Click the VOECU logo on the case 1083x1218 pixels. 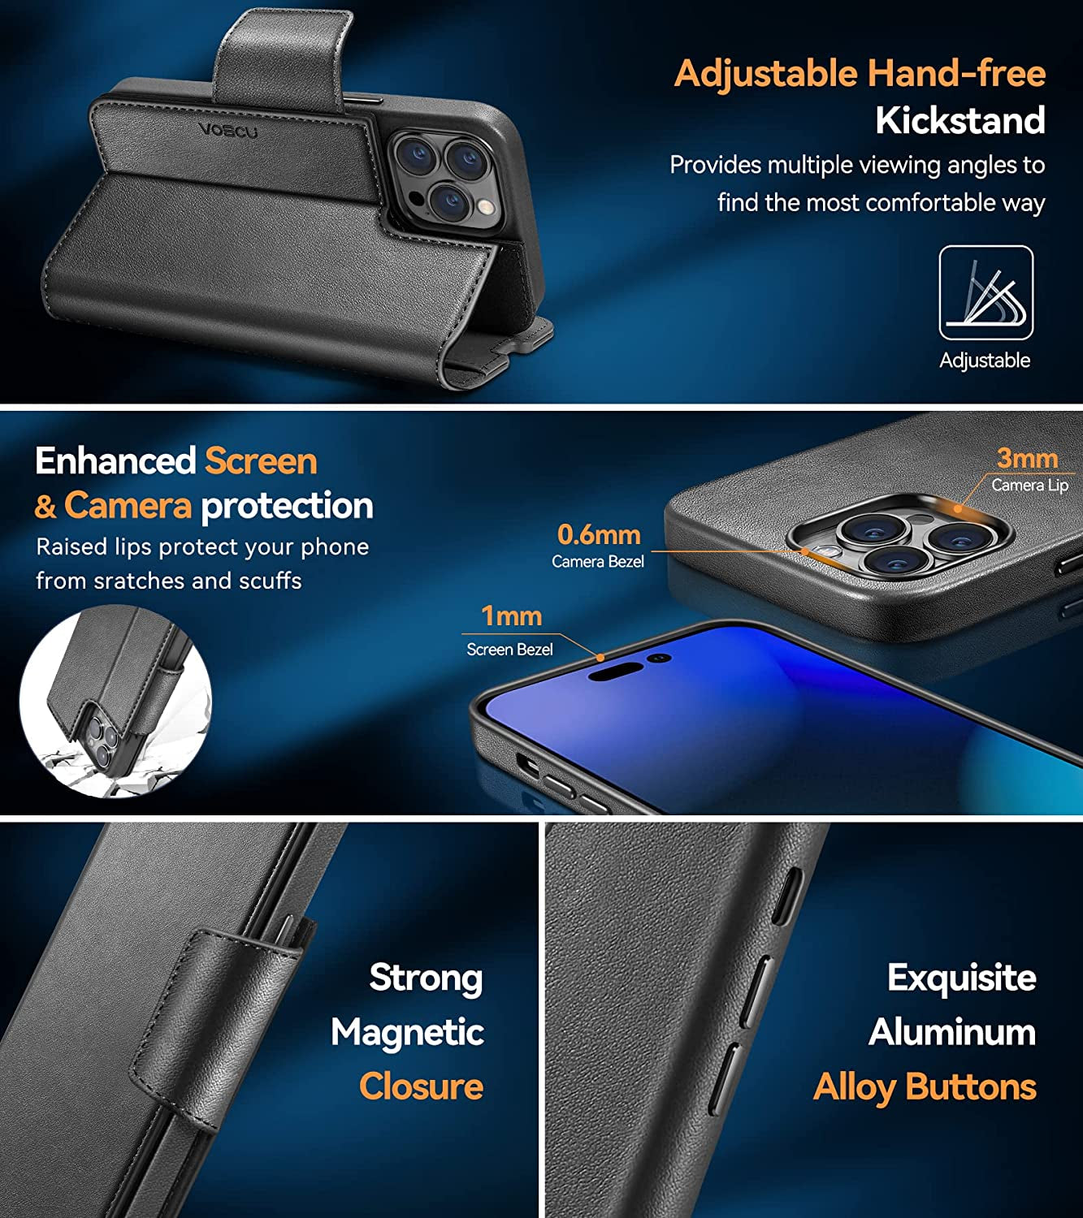tap(228, 130)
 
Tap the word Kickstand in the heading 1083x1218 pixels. tap(960, 120)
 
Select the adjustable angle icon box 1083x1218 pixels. tap(986, 292)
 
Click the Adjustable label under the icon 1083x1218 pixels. tap(985, 360)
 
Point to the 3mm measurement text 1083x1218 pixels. tap(1027, 458)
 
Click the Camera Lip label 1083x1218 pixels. tap(1029, 485)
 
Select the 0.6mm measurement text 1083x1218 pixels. tap(599, 534)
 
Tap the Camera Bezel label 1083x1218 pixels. tap(597, 562)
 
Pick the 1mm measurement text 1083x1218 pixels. tap(511, 616)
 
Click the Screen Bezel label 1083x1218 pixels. tap(509, 650)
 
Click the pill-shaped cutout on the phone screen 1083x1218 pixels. tap(616, 672)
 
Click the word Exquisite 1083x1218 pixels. tap(961, 978)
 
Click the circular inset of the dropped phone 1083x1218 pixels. tap(115, 702)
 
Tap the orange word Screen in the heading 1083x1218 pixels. tap(261, 461)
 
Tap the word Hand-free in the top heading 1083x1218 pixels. tap(956, 73)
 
